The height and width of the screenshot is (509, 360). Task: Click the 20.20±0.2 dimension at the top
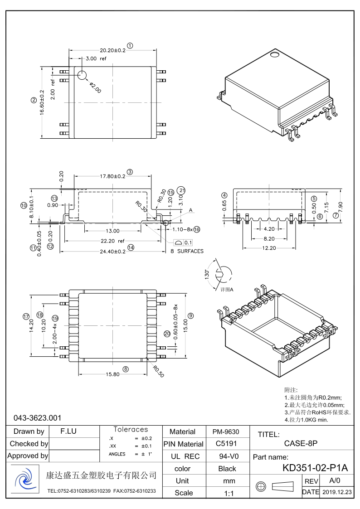coord(112,50)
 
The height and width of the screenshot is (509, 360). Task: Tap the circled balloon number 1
coord(130,45)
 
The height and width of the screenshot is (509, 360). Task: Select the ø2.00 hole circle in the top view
coord(82,75)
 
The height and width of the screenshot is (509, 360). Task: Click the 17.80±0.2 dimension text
coord(112,176)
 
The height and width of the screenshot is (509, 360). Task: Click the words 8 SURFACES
coord(187,251)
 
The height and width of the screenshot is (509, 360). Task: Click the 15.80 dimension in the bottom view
coord(112,374)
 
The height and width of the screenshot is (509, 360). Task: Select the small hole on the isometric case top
coord(274,55)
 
